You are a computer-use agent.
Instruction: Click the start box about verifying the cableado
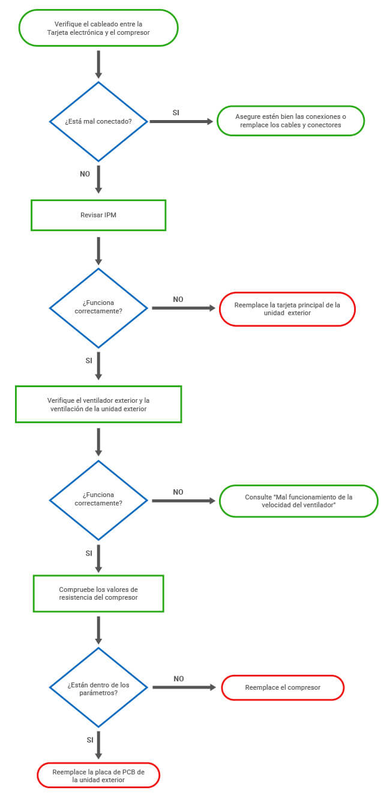click(x=98, y=28)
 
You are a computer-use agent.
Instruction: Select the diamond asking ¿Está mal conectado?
click(x=98, y=122)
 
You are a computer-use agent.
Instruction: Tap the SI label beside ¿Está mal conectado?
click(x=176, y=112)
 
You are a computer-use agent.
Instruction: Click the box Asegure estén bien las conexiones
click(x=290, y=121)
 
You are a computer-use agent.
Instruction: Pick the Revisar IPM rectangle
click(x=98, y=215)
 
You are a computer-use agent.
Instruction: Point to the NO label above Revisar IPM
click(x=85, y=174)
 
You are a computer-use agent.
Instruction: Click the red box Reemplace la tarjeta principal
click(x=287, y=309)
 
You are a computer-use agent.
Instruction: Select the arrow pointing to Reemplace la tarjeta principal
click(x=184, y=308)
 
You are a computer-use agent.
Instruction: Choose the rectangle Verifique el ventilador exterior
click(x=98, y=405)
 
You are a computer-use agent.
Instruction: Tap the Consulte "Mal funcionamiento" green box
click(x=298, y=501)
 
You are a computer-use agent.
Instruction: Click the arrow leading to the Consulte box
click(x=184, y=501)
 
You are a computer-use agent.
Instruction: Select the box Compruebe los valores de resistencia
click(x=98, y=593)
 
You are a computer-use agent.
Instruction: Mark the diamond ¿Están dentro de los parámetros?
click(x=98, y=687)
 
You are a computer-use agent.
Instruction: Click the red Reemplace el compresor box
click(x=283, y=687)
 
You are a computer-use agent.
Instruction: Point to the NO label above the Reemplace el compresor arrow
click(x=179, y=678)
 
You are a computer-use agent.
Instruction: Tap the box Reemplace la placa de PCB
click(x=98, y=775)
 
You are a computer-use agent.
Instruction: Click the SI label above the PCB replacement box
click(x=90, y=740)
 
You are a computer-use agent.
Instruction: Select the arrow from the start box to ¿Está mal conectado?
click(x=98, y=65)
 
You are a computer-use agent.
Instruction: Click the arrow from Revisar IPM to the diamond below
click(x=98, y=251)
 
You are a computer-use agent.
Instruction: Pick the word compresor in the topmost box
click(x=133, y=32)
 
